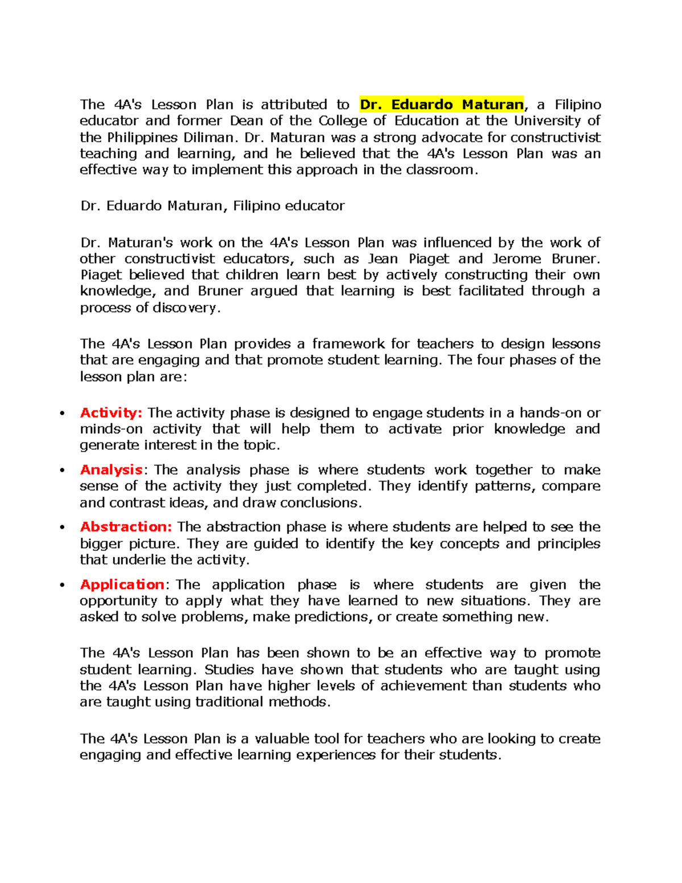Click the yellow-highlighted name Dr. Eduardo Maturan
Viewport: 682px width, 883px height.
point(442,105)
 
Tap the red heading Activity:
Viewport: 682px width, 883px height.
point(111,413)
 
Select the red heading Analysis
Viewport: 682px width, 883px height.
point(111,470)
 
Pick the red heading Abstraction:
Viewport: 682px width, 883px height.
point(126,527)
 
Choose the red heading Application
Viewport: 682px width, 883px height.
point(122,584)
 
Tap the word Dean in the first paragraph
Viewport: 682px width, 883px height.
point(246,121)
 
